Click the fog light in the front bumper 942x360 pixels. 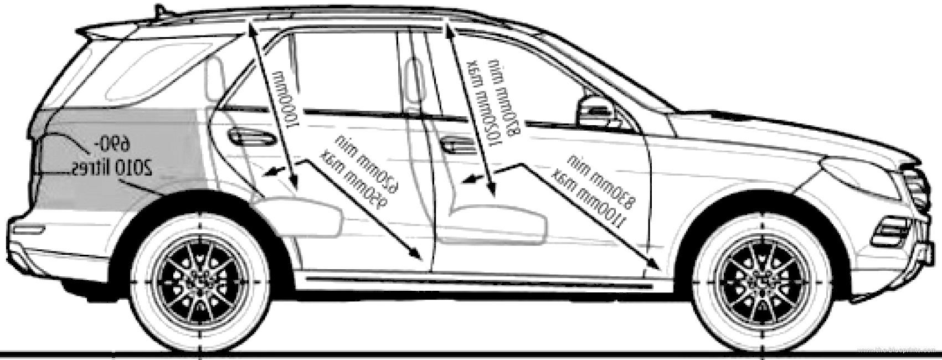point(891,233)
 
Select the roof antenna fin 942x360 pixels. point(159,11)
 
